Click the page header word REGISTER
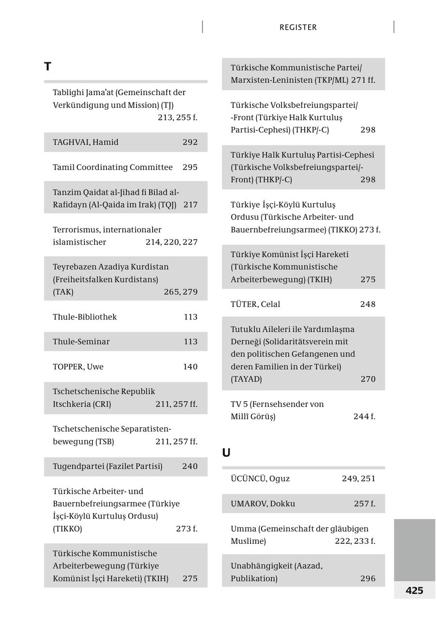pos(298,28)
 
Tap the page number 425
pos(414,590)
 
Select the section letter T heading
pos(47,66)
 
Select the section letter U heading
pos(226,453)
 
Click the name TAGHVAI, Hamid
pos(85,142)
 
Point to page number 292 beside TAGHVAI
pos(190,142)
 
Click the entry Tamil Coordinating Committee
pos(112,167)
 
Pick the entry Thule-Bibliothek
pos(85,317)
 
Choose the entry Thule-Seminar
pos(81,342)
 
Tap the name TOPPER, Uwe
pos(78,367)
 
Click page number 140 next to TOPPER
pos(190,367)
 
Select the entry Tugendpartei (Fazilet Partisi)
pos(108,466)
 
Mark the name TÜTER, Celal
pos(255,304)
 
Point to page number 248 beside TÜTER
pos(368,304)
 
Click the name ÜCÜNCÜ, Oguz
pos(260,479)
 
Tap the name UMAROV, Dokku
pos(263,504)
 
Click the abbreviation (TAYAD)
pos(246,379)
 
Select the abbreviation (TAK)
pos(63,292)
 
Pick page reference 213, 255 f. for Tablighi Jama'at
pos(177,117)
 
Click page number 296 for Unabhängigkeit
pos(368,578)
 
